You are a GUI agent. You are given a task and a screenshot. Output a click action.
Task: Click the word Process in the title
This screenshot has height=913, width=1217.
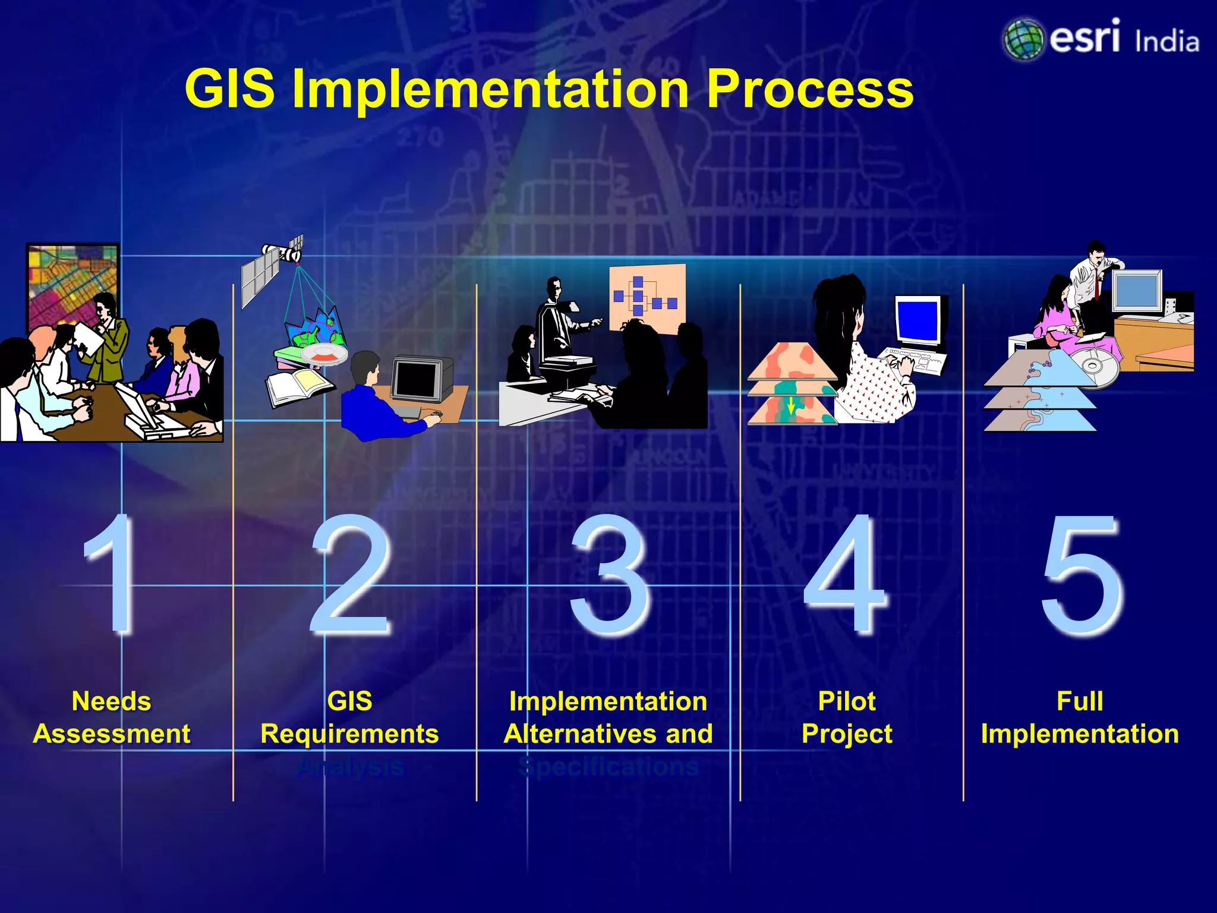pos(809,89)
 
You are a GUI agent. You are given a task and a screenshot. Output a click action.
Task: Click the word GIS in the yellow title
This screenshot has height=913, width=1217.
pos(229,89)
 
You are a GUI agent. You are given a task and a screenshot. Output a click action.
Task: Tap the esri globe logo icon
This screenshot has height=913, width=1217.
pos(1023,39)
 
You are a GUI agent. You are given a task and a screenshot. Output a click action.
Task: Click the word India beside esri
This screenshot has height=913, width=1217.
pos(1166,42)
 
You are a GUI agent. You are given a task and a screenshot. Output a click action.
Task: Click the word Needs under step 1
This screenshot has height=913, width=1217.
pos(112,701)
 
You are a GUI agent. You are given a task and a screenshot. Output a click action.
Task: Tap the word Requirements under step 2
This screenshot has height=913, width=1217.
pos(349,734)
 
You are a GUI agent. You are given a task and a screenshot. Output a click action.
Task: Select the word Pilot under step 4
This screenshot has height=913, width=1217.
pos(847,701)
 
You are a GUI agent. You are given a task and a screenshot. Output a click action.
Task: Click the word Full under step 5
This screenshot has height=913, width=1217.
pos(1080,701)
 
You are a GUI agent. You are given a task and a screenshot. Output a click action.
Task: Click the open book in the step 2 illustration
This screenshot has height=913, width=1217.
pos(297,386)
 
